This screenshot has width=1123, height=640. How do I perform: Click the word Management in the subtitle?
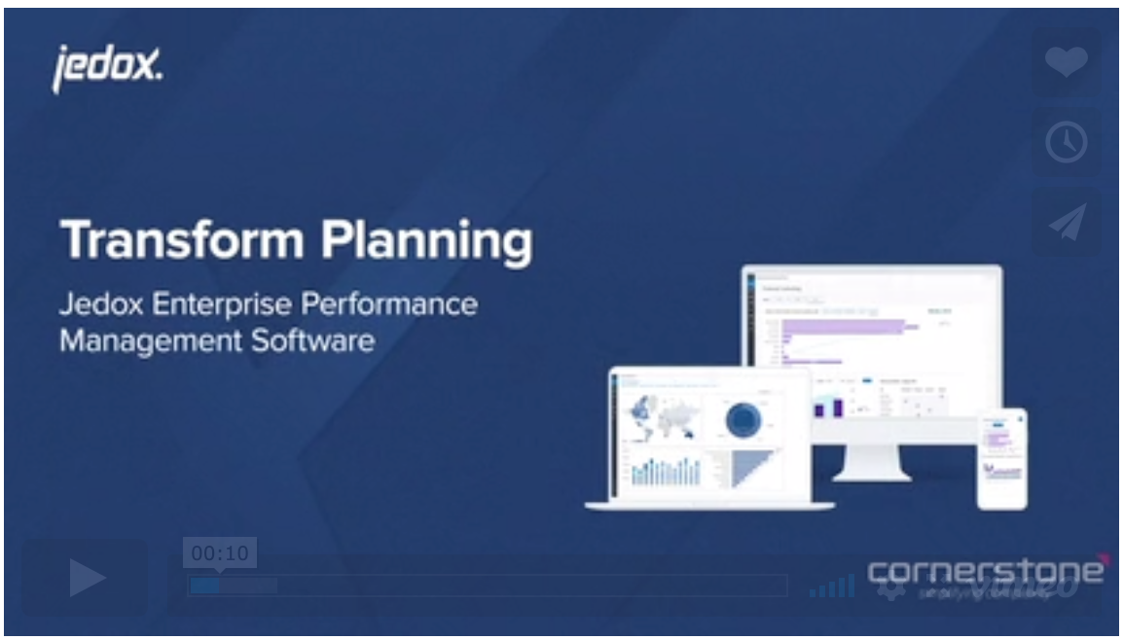tap(140, 342)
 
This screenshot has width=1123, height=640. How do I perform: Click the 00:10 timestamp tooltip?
tap(220, 553)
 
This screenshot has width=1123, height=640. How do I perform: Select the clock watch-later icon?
tap(1067, 143)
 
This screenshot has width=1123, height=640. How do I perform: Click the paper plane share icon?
tap(1067, 223)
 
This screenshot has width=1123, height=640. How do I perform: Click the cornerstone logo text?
tap(985, 570)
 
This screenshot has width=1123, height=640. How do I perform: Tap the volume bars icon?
tap(831, 586)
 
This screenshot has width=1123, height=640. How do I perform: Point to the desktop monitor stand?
tap(871, 465)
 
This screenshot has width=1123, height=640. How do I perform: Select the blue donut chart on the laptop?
tap(743, 419)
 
